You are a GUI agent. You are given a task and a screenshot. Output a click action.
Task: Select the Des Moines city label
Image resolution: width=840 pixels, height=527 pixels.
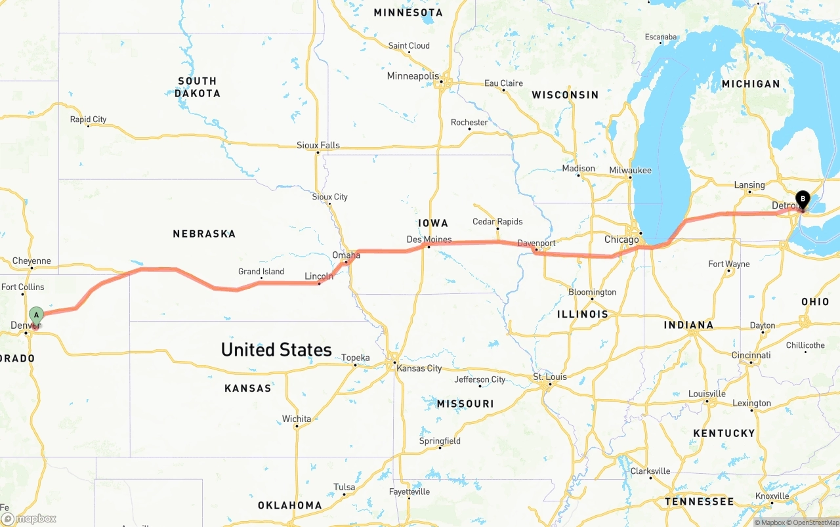pos(429,240)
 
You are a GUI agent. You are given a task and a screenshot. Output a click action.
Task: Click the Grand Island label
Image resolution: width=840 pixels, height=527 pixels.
pos(261,272)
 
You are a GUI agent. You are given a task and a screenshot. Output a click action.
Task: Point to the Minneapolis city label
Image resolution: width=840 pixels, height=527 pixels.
pos(413,76)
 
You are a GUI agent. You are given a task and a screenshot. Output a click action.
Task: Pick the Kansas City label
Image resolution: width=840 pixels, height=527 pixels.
pos(419,368)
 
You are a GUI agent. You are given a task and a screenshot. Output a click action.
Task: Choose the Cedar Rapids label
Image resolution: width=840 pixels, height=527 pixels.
pos(497,222)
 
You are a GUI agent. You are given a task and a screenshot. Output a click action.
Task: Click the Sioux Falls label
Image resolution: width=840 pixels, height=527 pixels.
pos(318,145)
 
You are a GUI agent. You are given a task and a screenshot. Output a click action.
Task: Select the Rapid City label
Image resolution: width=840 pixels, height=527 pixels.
pos(88,119)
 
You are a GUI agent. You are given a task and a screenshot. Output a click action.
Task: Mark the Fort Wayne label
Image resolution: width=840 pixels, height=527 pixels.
pos(728,264)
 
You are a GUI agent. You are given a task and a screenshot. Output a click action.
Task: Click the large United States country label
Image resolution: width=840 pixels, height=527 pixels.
pos(276,350)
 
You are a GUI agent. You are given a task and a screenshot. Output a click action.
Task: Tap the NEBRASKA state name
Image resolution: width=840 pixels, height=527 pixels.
pos(204,234)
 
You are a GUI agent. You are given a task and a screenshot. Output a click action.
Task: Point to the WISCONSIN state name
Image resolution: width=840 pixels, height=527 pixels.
pos(565,95)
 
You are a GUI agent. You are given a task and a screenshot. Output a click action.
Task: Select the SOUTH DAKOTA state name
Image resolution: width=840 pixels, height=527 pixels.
pos(198,87)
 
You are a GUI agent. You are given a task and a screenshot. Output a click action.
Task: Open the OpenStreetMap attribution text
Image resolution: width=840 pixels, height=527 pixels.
pos(814,522)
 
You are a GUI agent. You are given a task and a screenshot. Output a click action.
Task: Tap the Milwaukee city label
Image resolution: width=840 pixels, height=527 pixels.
pos(630,171)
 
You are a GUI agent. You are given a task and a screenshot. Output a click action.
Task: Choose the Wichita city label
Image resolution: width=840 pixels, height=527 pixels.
pos(297,419)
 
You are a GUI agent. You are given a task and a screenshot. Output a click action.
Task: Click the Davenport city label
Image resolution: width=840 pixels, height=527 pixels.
pos(536,243)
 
